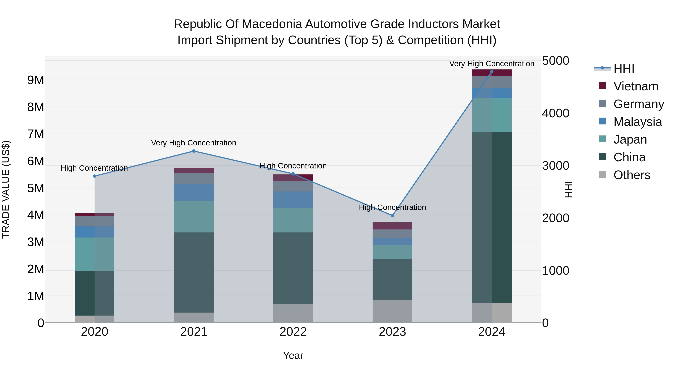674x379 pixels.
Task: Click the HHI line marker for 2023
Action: coord(392,216)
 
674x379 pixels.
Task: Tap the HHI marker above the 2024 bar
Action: coord(492,72)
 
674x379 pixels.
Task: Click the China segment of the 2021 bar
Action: coord(194,272)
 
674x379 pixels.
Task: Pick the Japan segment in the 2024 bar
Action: coord(492,115)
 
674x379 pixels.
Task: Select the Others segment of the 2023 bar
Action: coord(392,311)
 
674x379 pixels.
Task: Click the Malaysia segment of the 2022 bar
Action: coord(293,200)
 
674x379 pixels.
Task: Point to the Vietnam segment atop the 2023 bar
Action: coord(392,226)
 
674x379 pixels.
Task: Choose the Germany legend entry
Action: coord(638,104)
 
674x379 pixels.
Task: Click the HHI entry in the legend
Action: coord(624,69)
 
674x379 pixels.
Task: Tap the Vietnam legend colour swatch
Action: coord(602,86)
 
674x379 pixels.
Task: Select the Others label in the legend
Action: coord(632,175)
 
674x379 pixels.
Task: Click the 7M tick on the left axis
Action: coord(36,134)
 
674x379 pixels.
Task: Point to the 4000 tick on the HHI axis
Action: coord(555,113)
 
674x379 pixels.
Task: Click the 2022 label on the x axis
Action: coord(293,332)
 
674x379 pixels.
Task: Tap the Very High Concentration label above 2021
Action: coord(194,143)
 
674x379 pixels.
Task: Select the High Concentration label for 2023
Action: coord(392,207)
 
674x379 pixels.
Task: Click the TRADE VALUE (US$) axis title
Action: coord(6,189)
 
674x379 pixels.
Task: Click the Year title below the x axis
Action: coord(293,355)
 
